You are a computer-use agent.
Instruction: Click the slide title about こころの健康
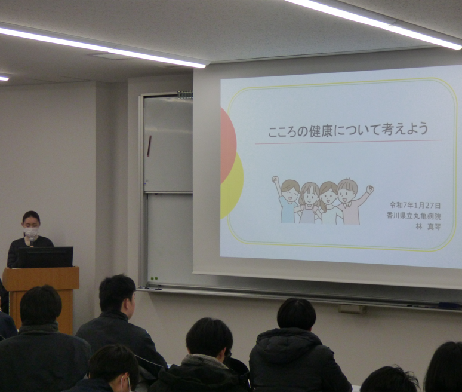[x=348, y=130]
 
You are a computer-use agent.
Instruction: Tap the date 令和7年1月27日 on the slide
[x=415, y=205]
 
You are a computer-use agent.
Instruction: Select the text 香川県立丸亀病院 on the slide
[x=414, y=216]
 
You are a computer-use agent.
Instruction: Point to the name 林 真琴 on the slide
[x=428, y=226]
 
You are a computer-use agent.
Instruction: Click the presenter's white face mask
[x=31, y=232]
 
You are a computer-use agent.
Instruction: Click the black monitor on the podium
[x=46, y=257]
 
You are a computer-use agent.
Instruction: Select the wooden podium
[x=41, y=295]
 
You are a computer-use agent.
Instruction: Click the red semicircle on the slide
[x=228, y=145]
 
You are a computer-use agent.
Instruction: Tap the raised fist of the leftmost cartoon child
[x=275, y=179]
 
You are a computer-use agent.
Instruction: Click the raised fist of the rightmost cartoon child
[x=370, y=189]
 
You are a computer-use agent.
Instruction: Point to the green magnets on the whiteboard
[x=154, y=278]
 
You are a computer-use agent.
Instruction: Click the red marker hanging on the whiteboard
[x=149, y=146]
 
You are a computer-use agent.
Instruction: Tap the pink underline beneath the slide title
[x=349, y=142]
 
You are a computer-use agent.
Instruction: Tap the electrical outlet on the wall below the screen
[x=352, y=309]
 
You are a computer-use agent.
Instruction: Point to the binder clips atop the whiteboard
[x=185, y=94]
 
